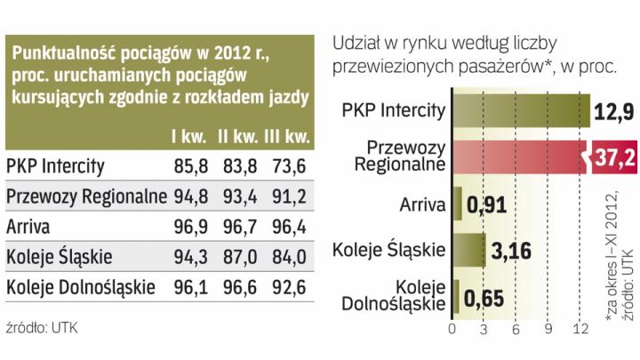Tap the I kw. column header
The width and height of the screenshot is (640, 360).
(184, 138)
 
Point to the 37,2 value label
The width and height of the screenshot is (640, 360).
(616, 159)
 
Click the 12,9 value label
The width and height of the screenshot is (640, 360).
(614, 110)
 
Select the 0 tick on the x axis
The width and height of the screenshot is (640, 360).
(453, 330)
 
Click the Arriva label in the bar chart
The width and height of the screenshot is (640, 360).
(422, 205)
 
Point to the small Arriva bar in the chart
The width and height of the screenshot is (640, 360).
(458, 205)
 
